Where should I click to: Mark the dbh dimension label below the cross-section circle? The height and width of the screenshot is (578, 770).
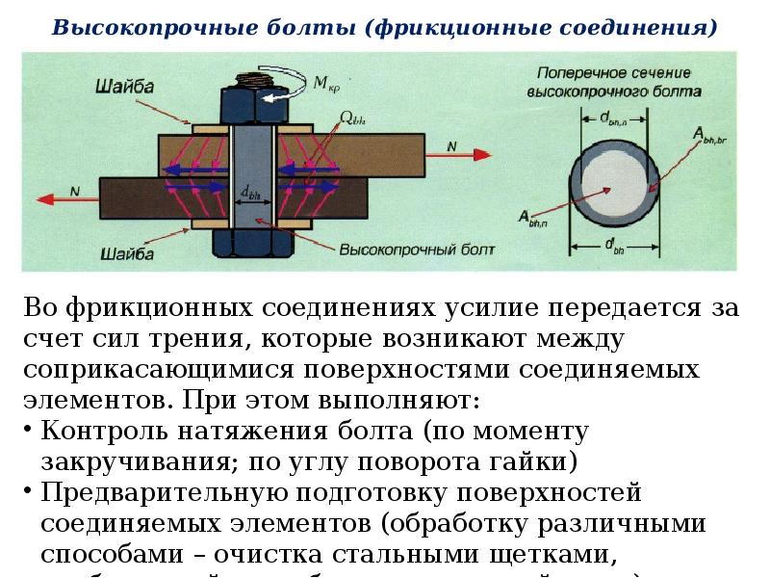(613, 249)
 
